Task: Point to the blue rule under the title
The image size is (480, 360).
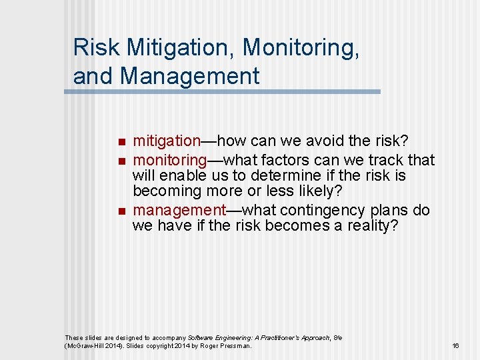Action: [222, 91]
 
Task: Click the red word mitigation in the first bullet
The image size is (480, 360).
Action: [167, 141]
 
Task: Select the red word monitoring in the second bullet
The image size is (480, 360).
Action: [170, 160]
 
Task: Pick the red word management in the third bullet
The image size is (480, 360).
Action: [179, 210]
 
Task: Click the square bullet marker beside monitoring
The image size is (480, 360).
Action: [120, 161]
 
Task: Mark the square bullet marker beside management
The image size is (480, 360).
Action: [120, 211]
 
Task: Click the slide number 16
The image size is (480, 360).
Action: [456, 345]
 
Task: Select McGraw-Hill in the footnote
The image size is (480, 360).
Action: [86, 346]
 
